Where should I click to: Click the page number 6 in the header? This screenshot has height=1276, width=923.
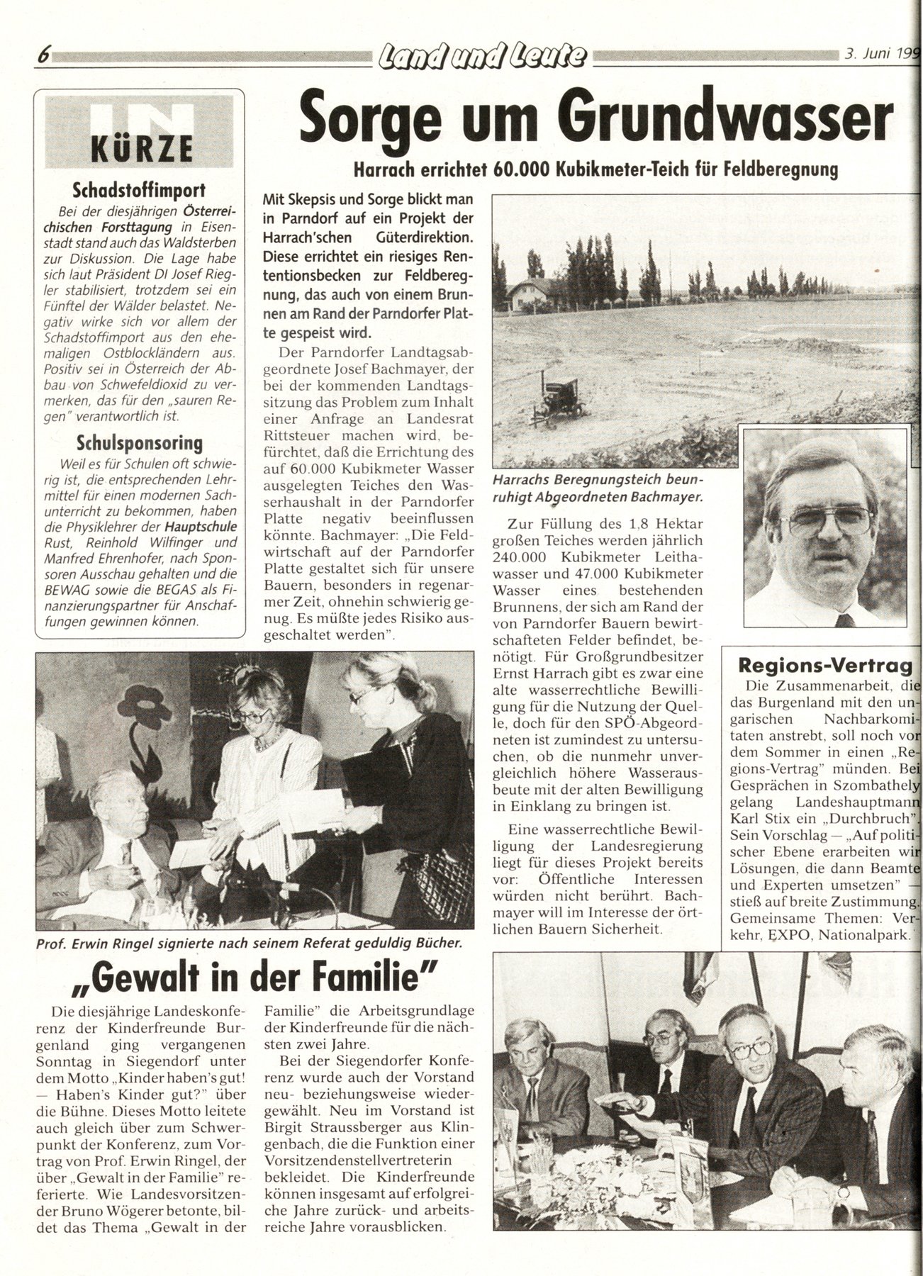[44, 55]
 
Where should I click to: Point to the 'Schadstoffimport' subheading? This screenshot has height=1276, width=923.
[140, 190]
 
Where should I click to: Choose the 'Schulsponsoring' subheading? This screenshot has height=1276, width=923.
[140, 443]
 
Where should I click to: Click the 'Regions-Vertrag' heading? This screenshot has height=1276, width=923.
[824, 665]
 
